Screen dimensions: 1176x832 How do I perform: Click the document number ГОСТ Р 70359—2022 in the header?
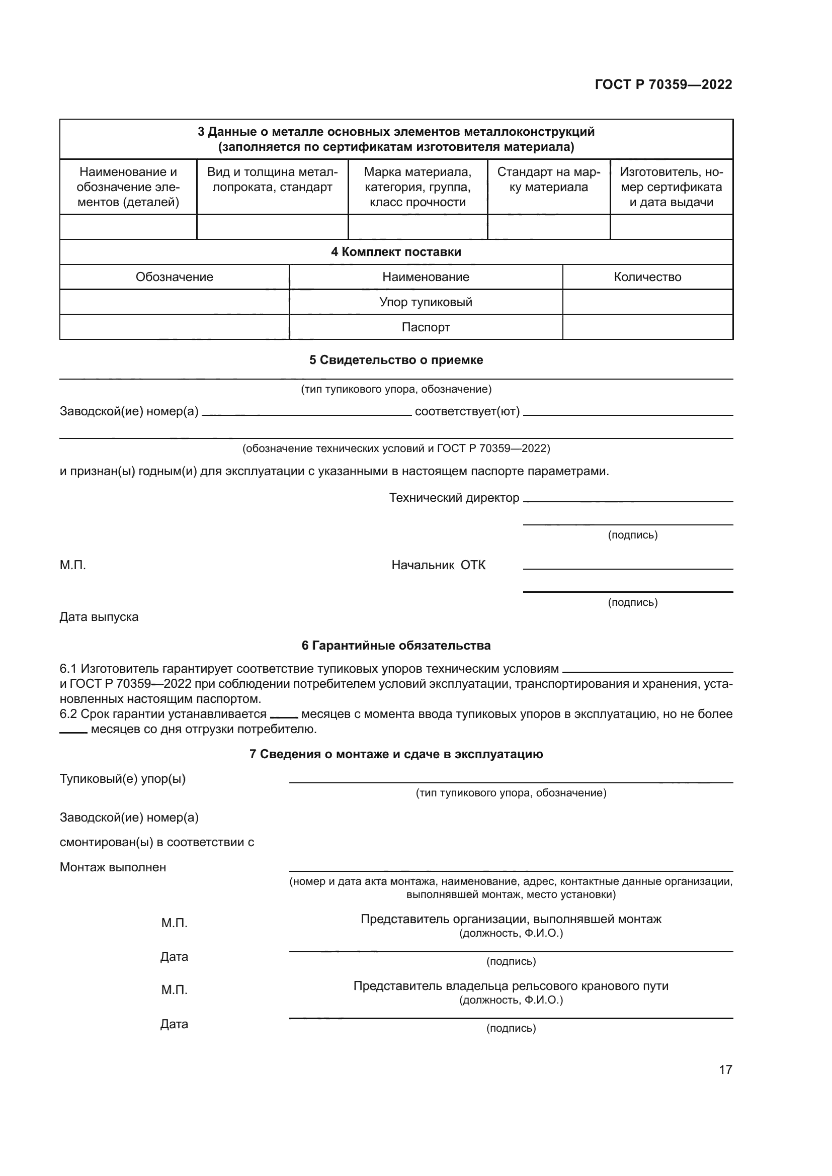[663, 84]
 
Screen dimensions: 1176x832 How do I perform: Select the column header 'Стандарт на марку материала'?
[548, 180]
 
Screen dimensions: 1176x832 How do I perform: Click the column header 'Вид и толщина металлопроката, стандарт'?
[272, 180]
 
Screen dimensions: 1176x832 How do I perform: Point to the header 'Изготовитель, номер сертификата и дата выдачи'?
[671, 187]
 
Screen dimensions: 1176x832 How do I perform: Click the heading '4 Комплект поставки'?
[395, 252]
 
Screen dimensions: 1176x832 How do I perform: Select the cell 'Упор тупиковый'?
[426, 302]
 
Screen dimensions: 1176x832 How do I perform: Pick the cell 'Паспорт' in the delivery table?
[426, 327]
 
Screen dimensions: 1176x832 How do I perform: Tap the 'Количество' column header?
[647, 277]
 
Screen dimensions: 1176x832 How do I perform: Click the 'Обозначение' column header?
[174, 277]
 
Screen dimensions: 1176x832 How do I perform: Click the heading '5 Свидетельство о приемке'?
[395, 360]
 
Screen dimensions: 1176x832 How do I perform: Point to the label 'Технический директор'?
[454, 498]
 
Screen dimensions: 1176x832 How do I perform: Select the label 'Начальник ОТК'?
[438, 565]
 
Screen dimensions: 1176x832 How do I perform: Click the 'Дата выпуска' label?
[99, 617]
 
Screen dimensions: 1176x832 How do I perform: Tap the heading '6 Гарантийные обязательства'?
[395, 646]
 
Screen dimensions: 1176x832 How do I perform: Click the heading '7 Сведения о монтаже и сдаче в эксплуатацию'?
[395, 754]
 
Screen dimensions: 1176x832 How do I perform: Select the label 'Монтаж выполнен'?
[113, 867]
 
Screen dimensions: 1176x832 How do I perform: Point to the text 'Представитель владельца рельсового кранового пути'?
[511, 986]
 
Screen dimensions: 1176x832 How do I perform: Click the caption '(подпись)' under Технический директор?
[632, 535]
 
